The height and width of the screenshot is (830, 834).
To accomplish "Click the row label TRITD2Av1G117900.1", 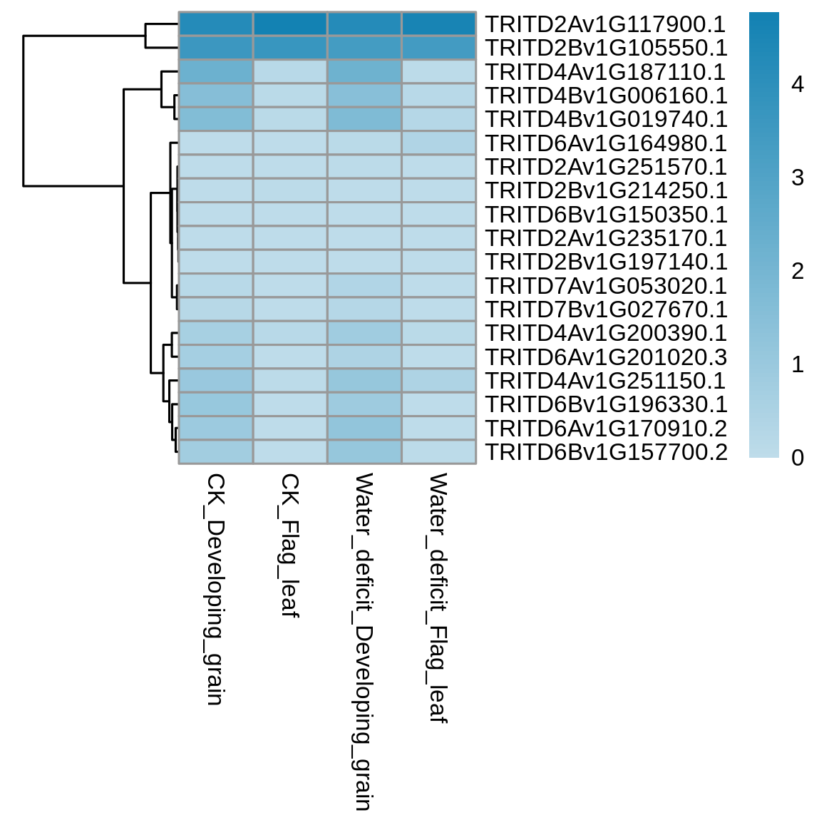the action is pyautogui.click(x=606, y=24).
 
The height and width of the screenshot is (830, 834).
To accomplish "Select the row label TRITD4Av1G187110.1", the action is pyautogui.click(x=606, y=72).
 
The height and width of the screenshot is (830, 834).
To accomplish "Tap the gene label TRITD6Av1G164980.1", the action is pyautogui.click(x=606, y=143).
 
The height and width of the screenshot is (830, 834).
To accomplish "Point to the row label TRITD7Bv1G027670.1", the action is pyautogui.click(x=606, y=309).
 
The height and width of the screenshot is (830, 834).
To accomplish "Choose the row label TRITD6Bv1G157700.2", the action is pyautogui.click(x=607, y=452).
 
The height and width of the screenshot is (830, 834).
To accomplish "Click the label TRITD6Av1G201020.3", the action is pyautogui.click(x=607, y=357).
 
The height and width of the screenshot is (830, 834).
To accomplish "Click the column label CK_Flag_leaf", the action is pyautogui.click(x=290, y=546).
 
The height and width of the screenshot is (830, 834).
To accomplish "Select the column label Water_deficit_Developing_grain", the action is pyautogui.click(x=364, y=642).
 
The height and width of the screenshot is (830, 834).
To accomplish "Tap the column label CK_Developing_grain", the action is pyautogui.click(x=216, y=590).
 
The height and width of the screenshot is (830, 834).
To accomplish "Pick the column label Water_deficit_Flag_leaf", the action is pyautogui.click(x=439, y=598).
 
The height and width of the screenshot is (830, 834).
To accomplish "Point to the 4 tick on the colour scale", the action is pyautogui.click(x=798, y=84).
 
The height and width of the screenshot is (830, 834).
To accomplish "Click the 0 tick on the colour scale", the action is pyautogui.click(x=798, y=458).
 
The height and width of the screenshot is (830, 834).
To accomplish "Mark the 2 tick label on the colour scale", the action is pyautogui.click(x=798, y=272).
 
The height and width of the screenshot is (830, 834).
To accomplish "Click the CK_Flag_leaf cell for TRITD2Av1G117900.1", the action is pyautogui.click(x=290, y=24).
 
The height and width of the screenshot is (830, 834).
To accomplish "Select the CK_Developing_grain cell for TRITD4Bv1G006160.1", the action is pyautogui.click(x=216, y=96).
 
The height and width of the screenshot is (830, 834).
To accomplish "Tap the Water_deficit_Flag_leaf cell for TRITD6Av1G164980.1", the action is pyautogui.click(x=439, y=143).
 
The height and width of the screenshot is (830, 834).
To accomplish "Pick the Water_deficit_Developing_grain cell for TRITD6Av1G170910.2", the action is pyautogui.click(x=364, y=429).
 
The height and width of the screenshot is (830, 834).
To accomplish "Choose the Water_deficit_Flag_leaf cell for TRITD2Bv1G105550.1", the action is pyautogui.click(x=439, y=47).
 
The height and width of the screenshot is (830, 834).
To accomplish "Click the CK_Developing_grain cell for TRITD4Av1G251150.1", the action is pyautogui.click(x=216, y=381).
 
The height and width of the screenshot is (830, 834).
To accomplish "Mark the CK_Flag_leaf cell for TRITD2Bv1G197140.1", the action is pyautogui.click(x=290, y=262).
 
